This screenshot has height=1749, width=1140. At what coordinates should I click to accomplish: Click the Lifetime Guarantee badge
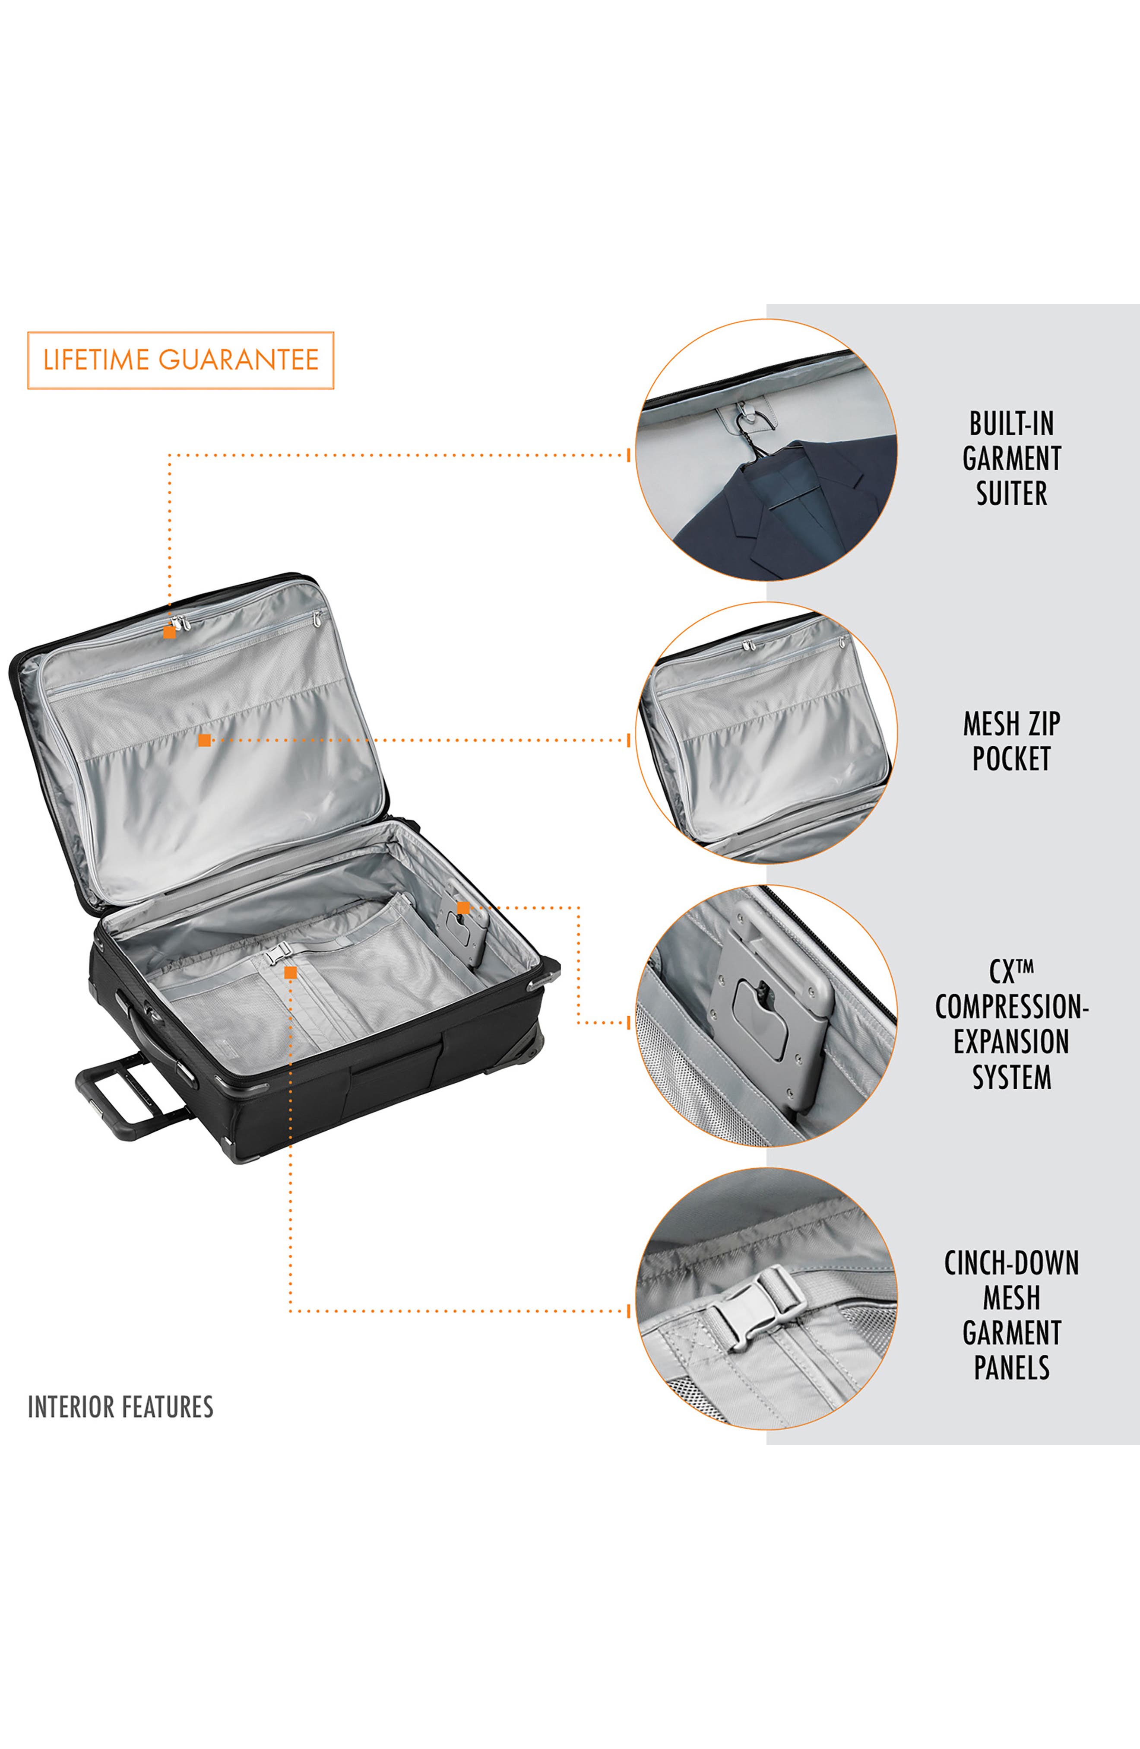[x=180, y=360]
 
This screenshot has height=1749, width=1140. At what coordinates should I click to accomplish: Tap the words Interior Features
[x=120, y=1406]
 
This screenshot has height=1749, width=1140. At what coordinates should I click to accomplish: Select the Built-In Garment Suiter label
[x=1011, y=458]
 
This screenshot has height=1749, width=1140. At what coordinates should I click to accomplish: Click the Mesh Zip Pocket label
[x=1011, y=741]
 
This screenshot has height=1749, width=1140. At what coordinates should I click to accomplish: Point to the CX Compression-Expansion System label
[x=1011, y=1024]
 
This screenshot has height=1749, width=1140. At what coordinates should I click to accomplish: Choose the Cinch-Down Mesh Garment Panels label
[x=1011, y=1315]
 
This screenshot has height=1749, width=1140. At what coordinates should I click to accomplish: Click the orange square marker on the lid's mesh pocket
[x=204, y=740]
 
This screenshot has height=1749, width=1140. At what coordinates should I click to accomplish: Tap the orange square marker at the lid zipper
[x=170, y=632]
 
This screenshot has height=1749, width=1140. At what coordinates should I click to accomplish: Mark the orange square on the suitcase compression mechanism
[x=463, y=908]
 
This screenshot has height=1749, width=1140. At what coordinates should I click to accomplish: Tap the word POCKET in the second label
[x=1011, y=758]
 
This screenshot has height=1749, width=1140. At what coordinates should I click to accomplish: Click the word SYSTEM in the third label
[x=1011, y=1077]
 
